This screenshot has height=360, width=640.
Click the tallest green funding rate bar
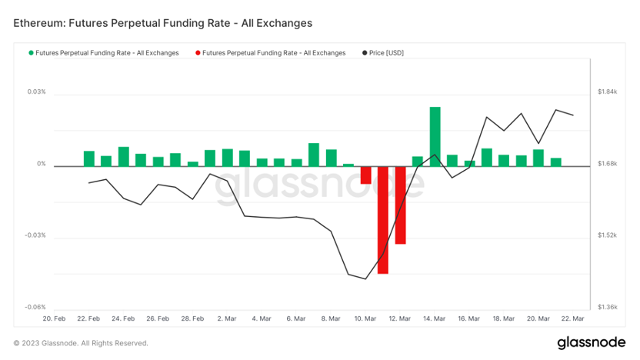tap(435, 136)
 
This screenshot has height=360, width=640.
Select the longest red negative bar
tap(382, 220)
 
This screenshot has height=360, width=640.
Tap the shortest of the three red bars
tap(365, 175)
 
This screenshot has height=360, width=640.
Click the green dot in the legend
tap(31, 53)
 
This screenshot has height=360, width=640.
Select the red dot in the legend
tap(198, 53)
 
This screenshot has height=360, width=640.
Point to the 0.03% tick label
tap(35, 92)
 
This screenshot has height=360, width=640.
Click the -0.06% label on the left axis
tap(34, 307)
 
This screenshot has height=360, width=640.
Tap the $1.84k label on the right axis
tap(608, 92)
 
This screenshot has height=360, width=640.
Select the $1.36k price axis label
tap(608, 307)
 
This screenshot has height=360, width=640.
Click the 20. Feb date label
tap(54, 318)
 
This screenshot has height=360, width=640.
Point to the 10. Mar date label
tap(365, 318)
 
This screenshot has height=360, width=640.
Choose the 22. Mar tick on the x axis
tap(572, 318)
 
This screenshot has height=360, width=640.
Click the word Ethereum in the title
tap(39, 23)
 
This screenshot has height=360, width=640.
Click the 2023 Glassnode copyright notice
tap(81, 343)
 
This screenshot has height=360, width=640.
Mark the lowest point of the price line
tap(365, 278)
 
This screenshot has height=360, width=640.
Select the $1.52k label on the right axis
tap(608, 235)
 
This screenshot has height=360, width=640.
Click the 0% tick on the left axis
tap(41, 164)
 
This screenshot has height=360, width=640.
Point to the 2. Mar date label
tap(227, 318)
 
